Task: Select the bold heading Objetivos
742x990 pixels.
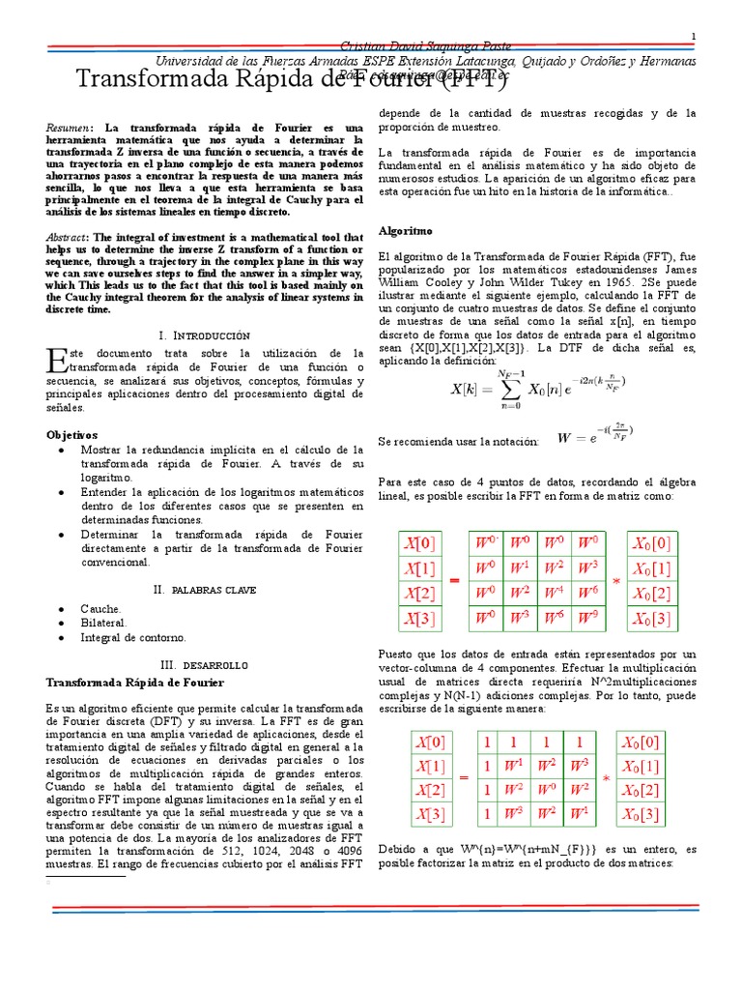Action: pos(72,435)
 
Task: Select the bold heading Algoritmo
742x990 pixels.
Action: pos(405,232)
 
